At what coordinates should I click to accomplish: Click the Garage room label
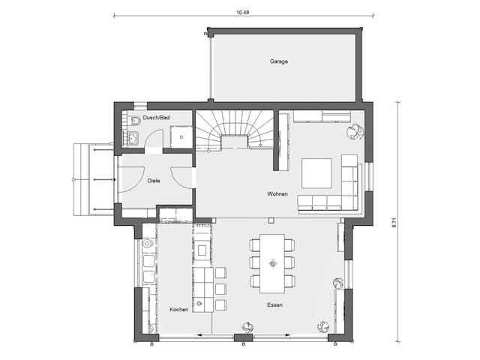(279, 61)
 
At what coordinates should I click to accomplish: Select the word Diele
(153, 180)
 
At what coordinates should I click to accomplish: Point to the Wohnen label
(277, 193)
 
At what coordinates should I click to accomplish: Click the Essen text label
(275, 306)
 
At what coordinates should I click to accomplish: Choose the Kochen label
(178, 309)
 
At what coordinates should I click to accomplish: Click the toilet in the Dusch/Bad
(132, 121)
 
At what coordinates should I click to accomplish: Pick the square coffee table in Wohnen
(316, 172)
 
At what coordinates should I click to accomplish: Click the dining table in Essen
(272, 262)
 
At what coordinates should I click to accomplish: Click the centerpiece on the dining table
(272, 262)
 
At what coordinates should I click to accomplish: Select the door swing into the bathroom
(155, 140)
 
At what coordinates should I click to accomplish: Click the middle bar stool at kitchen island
(220, 289)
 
